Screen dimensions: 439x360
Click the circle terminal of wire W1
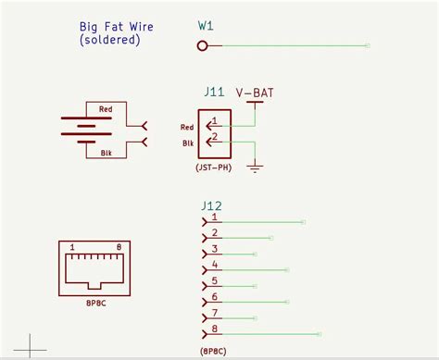203,45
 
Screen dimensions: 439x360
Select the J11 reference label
214,93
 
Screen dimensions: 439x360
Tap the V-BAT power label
255,93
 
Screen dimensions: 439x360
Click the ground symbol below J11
256,168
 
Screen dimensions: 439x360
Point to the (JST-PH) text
214,168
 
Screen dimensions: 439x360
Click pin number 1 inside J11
215,120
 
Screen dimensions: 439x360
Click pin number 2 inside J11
215,137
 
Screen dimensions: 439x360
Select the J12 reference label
210,205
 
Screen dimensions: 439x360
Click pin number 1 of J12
215,217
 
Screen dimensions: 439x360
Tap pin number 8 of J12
215,329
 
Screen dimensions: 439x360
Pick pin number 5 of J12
215,280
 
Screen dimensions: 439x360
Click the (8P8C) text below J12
214,351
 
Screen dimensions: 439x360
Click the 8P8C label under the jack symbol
96,303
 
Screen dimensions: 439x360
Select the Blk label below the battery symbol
105,154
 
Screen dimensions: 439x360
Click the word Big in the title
90,27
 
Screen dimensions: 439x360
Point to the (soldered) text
109,40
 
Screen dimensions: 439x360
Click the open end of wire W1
368,45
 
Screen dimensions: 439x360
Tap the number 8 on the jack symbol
119,247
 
